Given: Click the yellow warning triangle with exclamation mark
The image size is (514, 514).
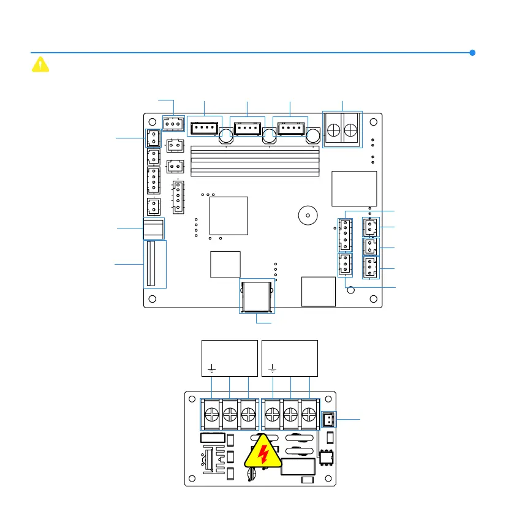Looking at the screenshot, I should (40, 64).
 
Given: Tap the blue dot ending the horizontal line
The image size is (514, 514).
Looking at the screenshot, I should (472, 53).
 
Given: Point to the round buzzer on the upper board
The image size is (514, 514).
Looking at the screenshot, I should (307, 215).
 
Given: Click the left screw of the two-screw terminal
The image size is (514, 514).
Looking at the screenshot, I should (334, 130).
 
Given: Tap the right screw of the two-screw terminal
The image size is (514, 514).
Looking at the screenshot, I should (351, 130).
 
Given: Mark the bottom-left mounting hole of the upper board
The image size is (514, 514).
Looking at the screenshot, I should (153, 299).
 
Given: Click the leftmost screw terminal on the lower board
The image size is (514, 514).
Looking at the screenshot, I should (211, 413).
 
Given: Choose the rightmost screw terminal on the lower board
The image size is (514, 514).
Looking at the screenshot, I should (309, 413).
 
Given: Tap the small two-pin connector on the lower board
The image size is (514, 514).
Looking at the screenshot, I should (328, 419).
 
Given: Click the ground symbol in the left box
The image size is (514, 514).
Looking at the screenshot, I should (211, 369).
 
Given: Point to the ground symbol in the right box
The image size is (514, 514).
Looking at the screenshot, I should (273, 369).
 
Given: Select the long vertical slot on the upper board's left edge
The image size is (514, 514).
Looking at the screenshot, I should (154, 264).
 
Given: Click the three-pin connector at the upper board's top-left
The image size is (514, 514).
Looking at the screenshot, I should (174, 123).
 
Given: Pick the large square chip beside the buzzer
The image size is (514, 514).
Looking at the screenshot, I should (229, 215).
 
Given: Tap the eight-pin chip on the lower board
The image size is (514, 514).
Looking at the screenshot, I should (324, 458).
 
